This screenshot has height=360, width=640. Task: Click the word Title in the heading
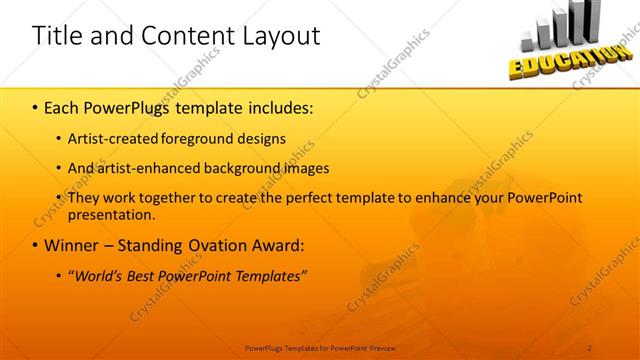tap(55, 36)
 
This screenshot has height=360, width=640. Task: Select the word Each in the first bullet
tap(63, 105)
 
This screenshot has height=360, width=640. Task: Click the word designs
tap(265, 138)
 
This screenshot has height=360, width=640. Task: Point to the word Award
tap(275, 245)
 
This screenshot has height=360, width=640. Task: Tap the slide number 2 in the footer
tap(591, 347)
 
